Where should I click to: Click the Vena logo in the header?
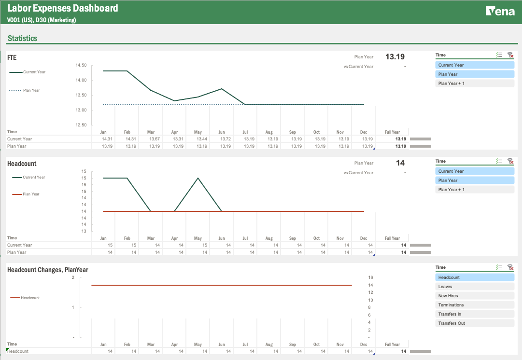pyautogui.click(x=500, y=11)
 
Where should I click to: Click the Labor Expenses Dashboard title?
pyautogui.click(x=63, y=8)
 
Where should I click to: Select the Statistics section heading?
pyautogui.click(x=22, y=38)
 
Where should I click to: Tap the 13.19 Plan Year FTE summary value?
pyautogui.click(x=395, y=57)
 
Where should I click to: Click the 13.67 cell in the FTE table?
pyautogui.click(x=154, y=139)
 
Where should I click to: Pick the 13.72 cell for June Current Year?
pyautogui.click(x=225, y=139)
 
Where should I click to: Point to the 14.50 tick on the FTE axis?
pyautogui.click(x=81, y=65)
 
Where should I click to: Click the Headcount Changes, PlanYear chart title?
pyautogui.click(x=48, y=270)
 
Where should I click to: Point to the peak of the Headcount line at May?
pyautogui.click(x=198, y=178)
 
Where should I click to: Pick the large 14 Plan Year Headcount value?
pyautogui.click(x=400, y=163)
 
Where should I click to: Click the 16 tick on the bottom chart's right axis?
pyautogui.click(x=371, y=277)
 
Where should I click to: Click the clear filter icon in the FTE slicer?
pyautogui.click(x=510, y=55)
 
